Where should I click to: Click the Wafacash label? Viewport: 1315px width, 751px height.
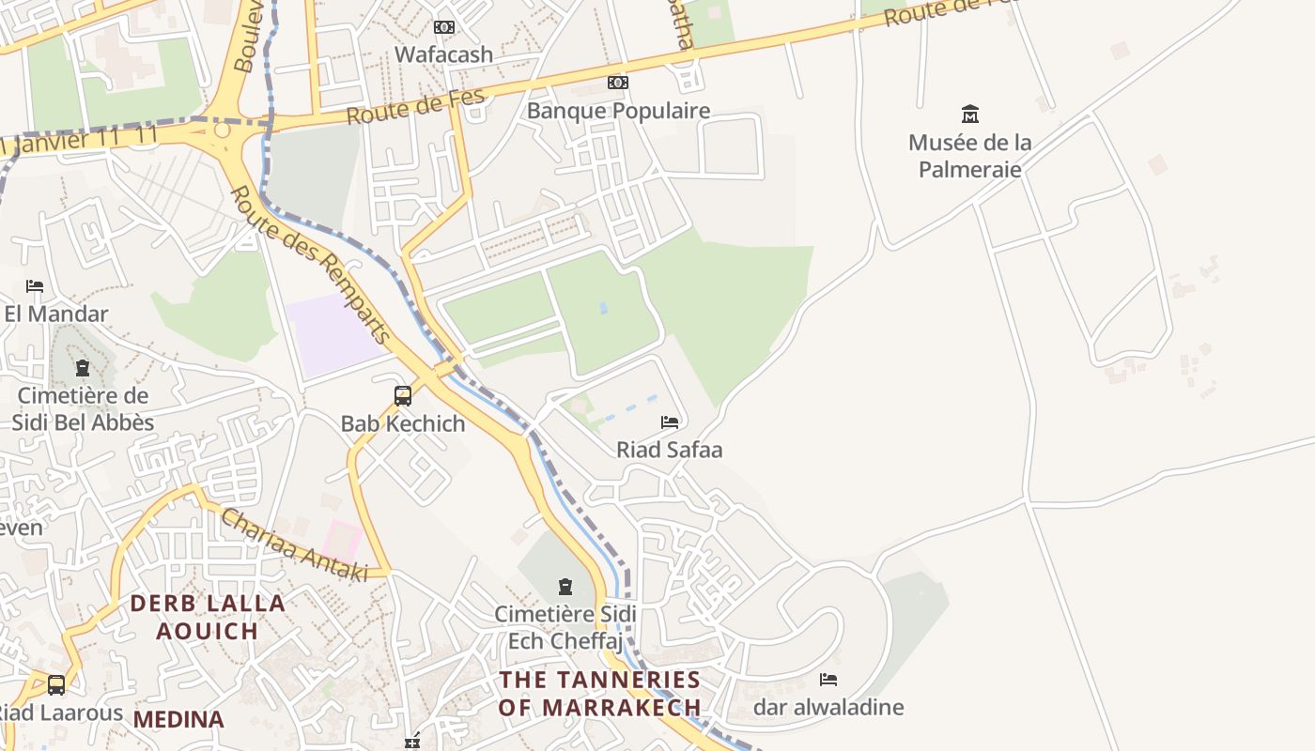(x=443, y=54)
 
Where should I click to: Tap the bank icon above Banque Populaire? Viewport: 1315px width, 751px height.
(x=617, y=83)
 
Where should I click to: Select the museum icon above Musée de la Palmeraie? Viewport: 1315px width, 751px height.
(x=970, y=115)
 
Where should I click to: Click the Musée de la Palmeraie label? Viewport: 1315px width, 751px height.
(x=970, y=156)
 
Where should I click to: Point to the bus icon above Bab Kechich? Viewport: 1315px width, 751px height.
(x=403, y=395)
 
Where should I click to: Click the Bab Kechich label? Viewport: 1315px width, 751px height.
(x=403, y=423)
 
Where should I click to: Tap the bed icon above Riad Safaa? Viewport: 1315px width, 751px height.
(x=670, y=422)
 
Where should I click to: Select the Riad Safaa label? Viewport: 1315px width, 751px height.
(x=670, y=450)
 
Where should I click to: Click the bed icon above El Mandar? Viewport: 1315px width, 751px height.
(x=35, y=285)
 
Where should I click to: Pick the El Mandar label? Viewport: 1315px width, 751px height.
(x=56, y=314)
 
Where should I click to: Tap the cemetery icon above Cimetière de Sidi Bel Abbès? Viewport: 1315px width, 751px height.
(x=83, y=367)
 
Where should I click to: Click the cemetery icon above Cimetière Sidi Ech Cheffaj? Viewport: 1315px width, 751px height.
(x=565, y=587)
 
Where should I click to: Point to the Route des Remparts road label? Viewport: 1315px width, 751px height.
(x=310, y=265)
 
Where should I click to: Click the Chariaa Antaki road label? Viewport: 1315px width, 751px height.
(x=294, y=544)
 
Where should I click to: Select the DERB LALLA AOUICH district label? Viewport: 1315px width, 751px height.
(x=208, y=617)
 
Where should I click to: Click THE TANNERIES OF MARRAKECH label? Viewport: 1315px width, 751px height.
(x=600, y=693)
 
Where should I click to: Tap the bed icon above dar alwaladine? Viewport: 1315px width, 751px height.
(x=828, y=680)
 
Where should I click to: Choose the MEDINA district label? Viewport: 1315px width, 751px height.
(x=178, y=720)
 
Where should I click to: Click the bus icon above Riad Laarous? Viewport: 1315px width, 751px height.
(x=56, y=685)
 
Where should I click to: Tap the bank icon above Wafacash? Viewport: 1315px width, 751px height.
(x=444, y=27)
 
